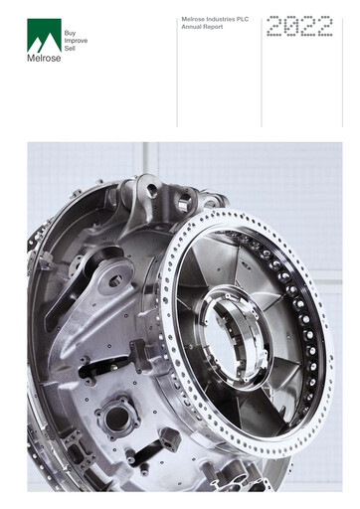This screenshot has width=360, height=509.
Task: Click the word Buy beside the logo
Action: coord(69,33)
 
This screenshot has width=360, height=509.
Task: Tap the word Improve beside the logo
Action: coord(75,41)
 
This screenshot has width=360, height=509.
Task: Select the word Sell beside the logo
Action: coord(69,49)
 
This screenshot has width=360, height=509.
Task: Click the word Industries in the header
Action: coord(220,19)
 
